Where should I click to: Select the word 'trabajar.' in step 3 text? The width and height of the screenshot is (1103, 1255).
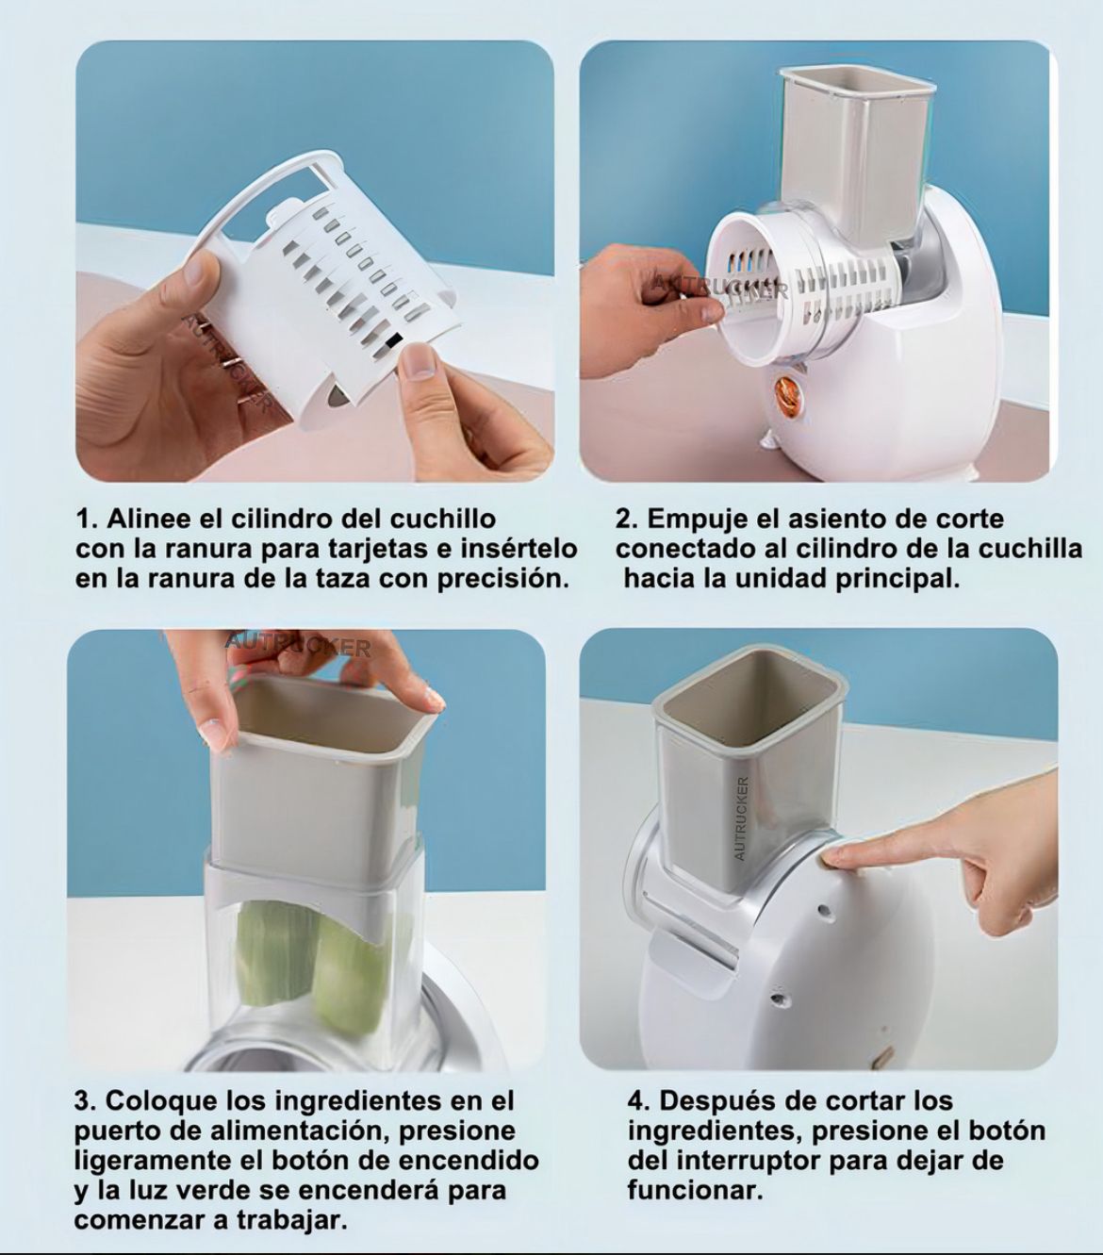coord(291,1220)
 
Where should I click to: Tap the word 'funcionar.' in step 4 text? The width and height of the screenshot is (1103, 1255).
coord(695,1190)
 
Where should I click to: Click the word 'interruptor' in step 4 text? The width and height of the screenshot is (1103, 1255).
coord(747,1160)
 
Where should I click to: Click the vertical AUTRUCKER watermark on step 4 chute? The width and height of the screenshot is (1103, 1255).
coord(741,817)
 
